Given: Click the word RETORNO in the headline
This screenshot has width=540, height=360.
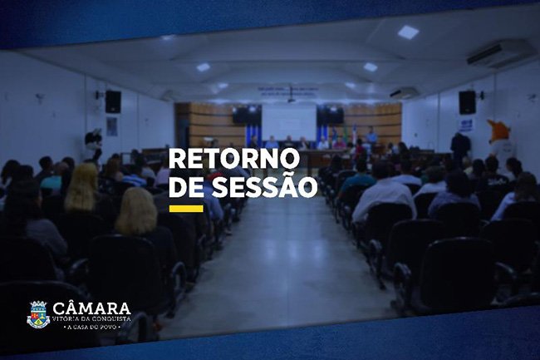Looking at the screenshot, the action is pos(234,159).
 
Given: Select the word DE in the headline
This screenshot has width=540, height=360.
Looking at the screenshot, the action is pos(186,187).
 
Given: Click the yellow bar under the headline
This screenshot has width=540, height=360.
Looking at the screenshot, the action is pos(186,209).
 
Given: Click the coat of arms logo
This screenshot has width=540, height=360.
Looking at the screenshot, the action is pos(38,314).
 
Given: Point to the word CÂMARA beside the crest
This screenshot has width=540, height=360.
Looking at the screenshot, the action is pos(91,308).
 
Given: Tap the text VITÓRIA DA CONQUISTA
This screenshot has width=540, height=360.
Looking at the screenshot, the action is pos(91,318).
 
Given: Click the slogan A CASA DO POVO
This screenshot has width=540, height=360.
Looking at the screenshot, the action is pos(92,327).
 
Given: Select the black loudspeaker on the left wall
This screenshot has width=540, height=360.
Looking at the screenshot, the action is pos(113,101).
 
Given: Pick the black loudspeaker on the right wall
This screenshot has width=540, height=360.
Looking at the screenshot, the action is pos(468,102).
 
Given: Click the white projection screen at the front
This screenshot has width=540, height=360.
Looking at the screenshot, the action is pos(289,122).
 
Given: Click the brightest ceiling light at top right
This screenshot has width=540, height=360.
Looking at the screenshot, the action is pos(408,32).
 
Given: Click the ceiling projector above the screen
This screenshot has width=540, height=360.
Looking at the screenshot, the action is pos(292,101).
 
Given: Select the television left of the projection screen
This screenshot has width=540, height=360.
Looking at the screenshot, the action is pos(247,115).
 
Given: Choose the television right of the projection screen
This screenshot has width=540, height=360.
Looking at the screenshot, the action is pos(331,115).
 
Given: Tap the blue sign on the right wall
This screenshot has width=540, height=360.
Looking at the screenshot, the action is pos(466,126).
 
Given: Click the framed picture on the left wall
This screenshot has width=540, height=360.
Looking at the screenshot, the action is pos(111,126).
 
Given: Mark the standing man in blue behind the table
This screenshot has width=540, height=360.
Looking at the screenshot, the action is pos(371,136).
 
